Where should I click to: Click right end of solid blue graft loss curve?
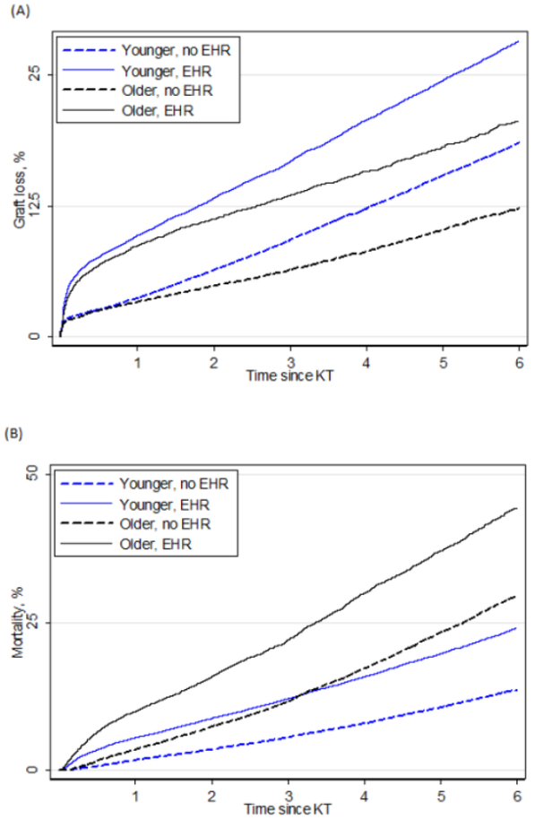pyautogui.click(x=518, y=41)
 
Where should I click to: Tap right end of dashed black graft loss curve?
pyautogui.click(x=518, y=208)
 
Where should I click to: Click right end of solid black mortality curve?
pyautogui.click(x=518, y=508)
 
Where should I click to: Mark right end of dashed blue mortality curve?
pyautogui.click(x=518, y=689)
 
